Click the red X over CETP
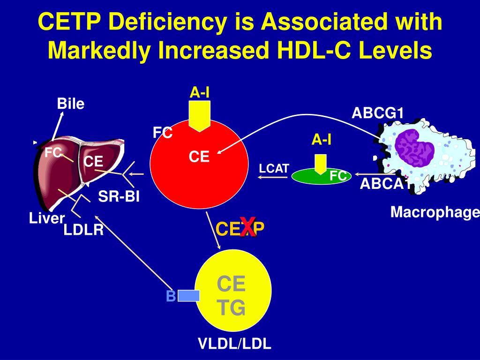pyautogui.click(x=247, y=227)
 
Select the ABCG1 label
pyautogui.click(x=378, y=113)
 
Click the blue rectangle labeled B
pyautogui.click(x=188, y=295)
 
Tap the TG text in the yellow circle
pyautogui.click(x=231, y=308)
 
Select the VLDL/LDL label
pyautogui.click(x=234, y=345)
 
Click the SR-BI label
pyautogui.click(x=119, y=197)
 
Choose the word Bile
pyautogui.click(x=70, y=104)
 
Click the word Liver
pyautogui.click(x=46, y=218)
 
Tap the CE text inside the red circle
pyautogui.click(x=199, y=157)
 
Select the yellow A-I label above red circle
pyautogui.click(x=199, y=93)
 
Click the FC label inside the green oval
pyautogui.click(x=337, y=176)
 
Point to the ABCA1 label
pyautogui.click(x=382, y=184)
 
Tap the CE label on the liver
pyautogui.click(x=93, y=162)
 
